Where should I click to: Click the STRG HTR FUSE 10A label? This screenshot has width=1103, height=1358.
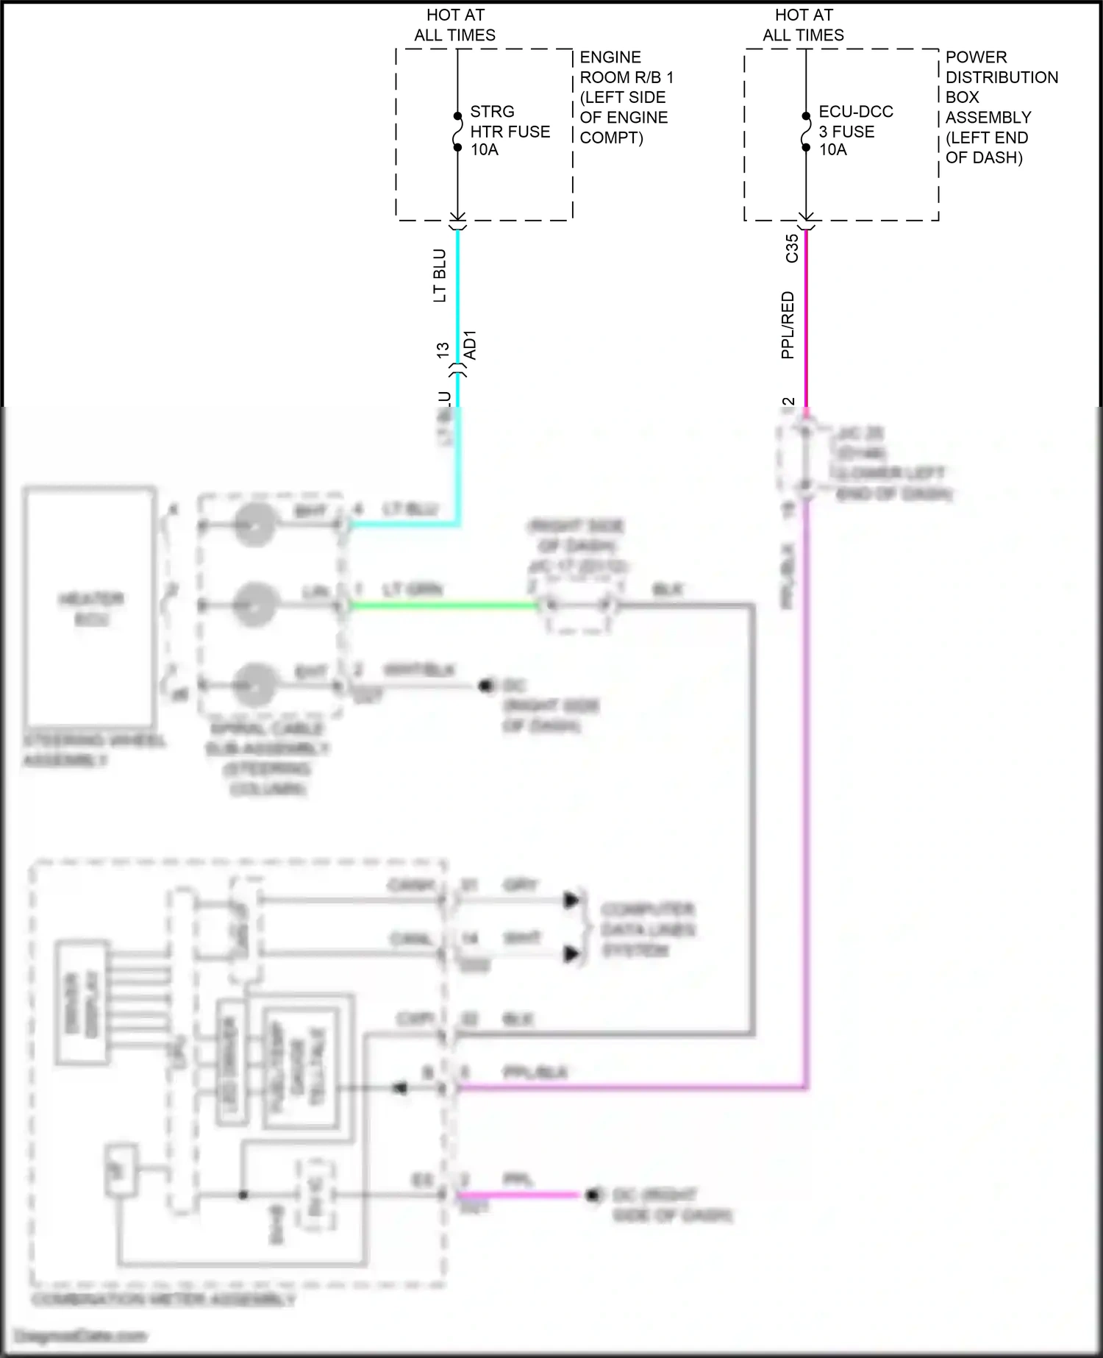[x=510, y=131]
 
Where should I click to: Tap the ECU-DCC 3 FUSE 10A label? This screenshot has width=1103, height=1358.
[x=856, y=131]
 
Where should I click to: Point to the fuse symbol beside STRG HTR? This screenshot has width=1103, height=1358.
[x=457, y=131]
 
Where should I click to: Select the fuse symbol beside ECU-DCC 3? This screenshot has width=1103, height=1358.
[x=806, y=131]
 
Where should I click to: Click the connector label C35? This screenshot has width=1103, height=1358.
[x=792, y=248]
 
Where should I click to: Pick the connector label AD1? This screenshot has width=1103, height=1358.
[x=471, y=345]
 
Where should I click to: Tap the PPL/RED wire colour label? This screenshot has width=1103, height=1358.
[x=788, y=325]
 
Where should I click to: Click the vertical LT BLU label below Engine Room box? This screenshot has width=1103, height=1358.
[x=440, y=276]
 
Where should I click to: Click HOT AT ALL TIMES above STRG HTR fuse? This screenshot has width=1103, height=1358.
[x=454, y=25]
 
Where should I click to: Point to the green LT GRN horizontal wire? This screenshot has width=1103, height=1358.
[x=441, y=606]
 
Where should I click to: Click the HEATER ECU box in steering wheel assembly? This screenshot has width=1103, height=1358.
[x=90, y=606]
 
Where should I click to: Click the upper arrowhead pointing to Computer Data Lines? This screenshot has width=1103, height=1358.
[x=571, y=900]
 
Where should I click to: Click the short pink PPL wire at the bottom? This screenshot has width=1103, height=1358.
[x=518, y=1195]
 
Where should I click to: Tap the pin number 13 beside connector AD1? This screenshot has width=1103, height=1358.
[x=443, y=350]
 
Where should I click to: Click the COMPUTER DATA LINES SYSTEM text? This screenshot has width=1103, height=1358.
[x=647, y=930]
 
